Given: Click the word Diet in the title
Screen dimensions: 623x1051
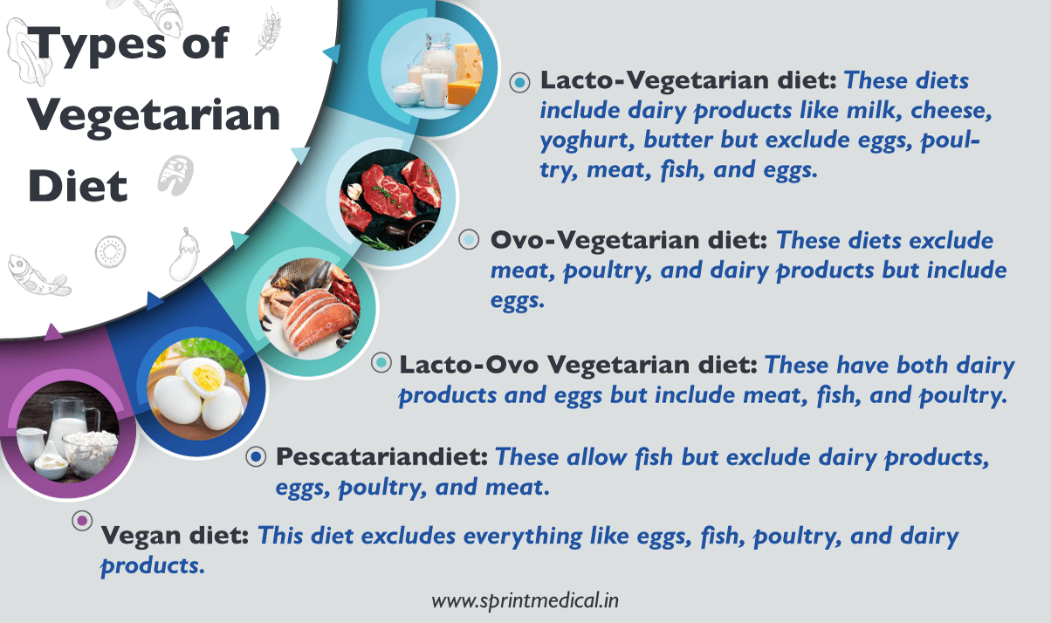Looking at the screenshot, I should [x=79, y=186].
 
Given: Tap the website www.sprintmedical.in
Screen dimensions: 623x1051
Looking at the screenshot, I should [x=525, y=600].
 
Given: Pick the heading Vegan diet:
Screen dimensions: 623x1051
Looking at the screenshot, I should [x=177, y=535].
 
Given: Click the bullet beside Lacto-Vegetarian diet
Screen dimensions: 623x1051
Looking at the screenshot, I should [x=520, y=82].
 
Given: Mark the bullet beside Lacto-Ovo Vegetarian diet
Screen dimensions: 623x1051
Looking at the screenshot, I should [x=381, y=364].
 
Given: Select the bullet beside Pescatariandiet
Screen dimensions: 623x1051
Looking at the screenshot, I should [x=255, y=456].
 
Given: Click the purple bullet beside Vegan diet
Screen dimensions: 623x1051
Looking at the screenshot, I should [x=82, y=521].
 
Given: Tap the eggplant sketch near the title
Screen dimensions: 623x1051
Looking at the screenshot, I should [x=184, y=252].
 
